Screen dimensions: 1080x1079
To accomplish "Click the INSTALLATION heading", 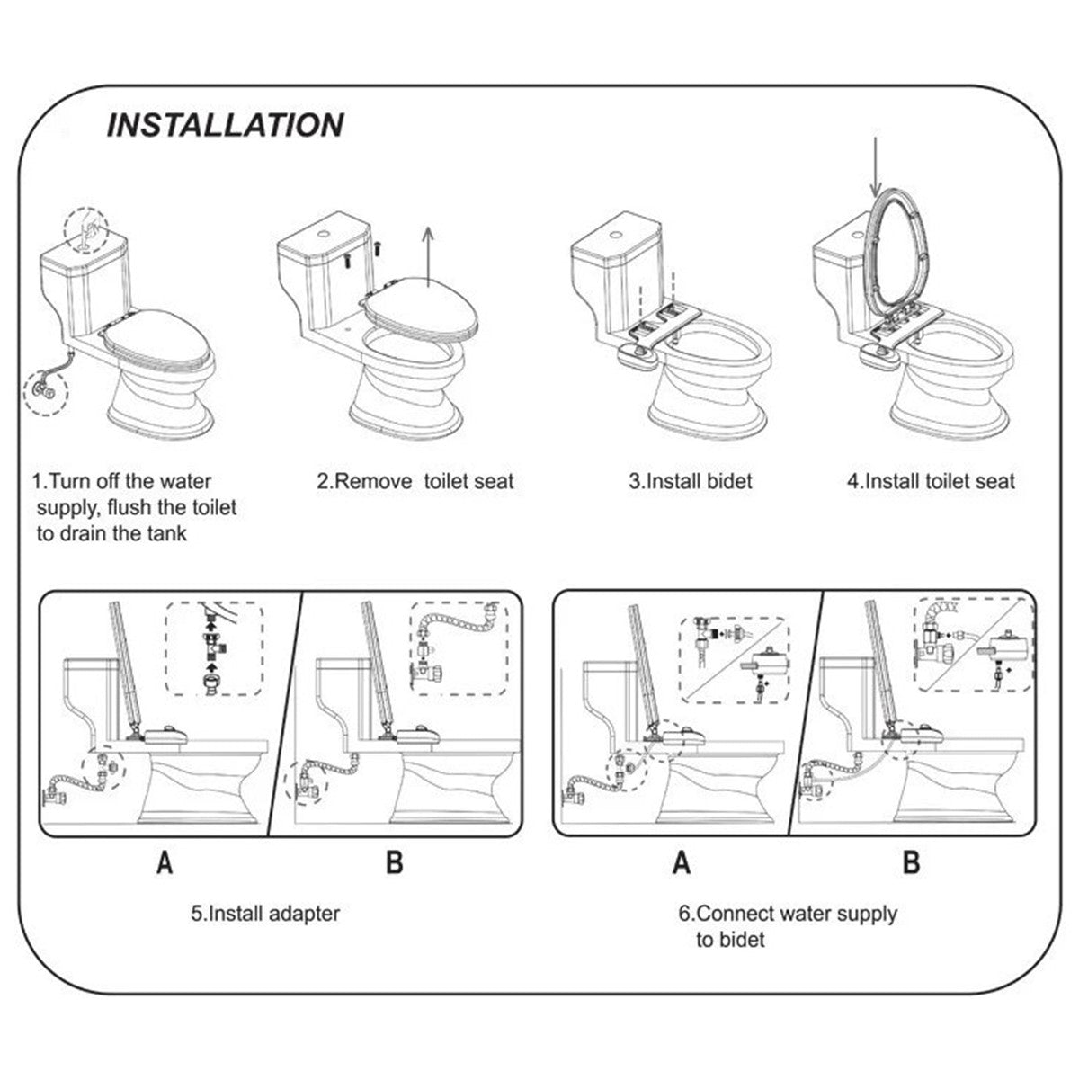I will (x=224, y=124).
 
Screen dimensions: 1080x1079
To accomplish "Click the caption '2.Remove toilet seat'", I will (x=415, y=481).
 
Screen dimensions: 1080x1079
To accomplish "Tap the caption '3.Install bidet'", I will (x=690, y=481).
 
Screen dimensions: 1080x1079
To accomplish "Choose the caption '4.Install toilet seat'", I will (x=931, y=481).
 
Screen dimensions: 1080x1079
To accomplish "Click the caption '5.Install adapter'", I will (x=265, y=914).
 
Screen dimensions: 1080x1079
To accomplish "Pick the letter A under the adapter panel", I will (x=165, y=864).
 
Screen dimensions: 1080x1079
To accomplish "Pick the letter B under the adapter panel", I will (x=394, y=864).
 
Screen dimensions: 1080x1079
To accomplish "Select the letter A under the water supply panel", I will (x=682, y=864).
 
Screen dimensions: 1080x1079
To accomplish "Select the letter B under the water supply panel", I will (x=911, y=864).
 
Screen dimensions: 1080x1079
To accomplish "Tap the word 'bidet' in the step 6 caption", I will (x=730, y=940).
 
